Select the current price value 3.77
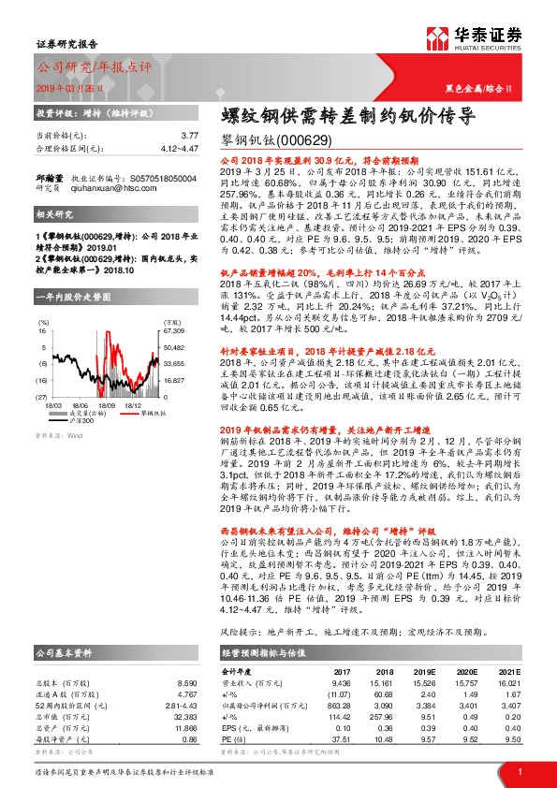coord(189,136)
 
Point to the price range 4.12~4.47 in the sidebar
coord(177,148)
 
